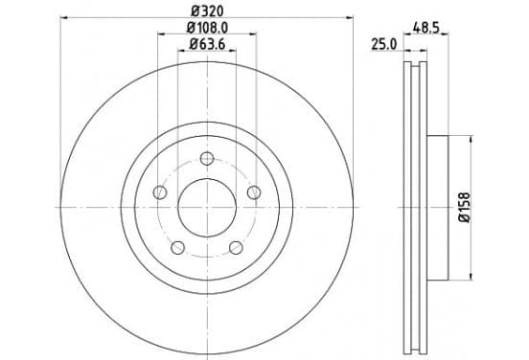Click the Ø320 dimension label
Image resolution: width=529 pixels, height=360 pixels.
207,11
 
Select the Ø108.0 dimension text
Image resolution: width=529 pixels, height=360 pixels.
207,28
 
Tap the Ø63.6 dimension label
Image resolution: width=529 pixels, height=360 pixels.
207,44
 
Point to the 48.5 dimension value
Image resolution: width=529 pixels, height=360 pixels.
426,28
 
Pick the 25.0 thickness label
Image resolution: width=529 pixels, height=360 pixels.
384,44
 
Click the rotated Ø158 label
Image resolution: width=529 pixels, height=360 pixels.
464,207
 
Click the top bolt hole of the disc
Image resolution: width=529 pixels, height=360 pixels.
207,158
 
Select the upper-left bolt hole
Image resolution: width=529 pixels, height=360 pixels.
160,192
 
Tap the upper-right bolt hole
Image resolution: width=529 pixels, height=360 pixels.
254,192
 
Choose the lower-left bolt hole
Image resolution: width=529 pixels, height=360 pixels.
178,247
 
